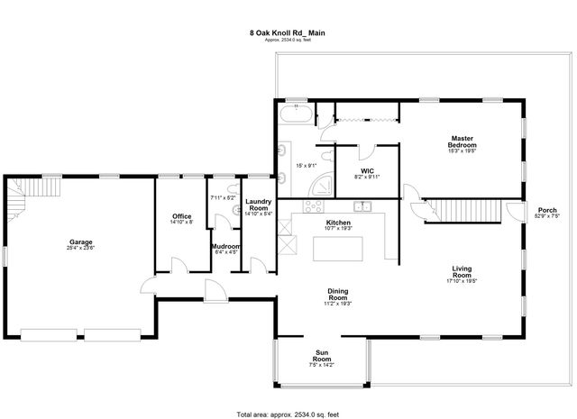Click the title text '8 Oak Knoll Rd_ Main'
[288, 32]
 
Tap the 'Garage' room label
[81, 241]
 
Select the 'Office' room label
[181, 216]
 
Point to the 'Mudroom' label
[224, 246]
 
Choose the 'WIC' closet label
[367, 169]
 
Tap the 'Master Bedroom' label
[463, 141]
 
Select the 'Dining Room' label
[338, 294]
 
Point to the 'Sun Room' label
[322, 354]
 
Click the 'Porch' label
[546, 211]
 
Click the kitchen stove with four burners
[314, 205]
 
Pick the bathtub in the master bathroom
[295, 114]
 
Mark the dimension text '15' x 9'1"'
[307, 165]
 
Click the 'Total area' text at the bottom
[288, 414]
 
